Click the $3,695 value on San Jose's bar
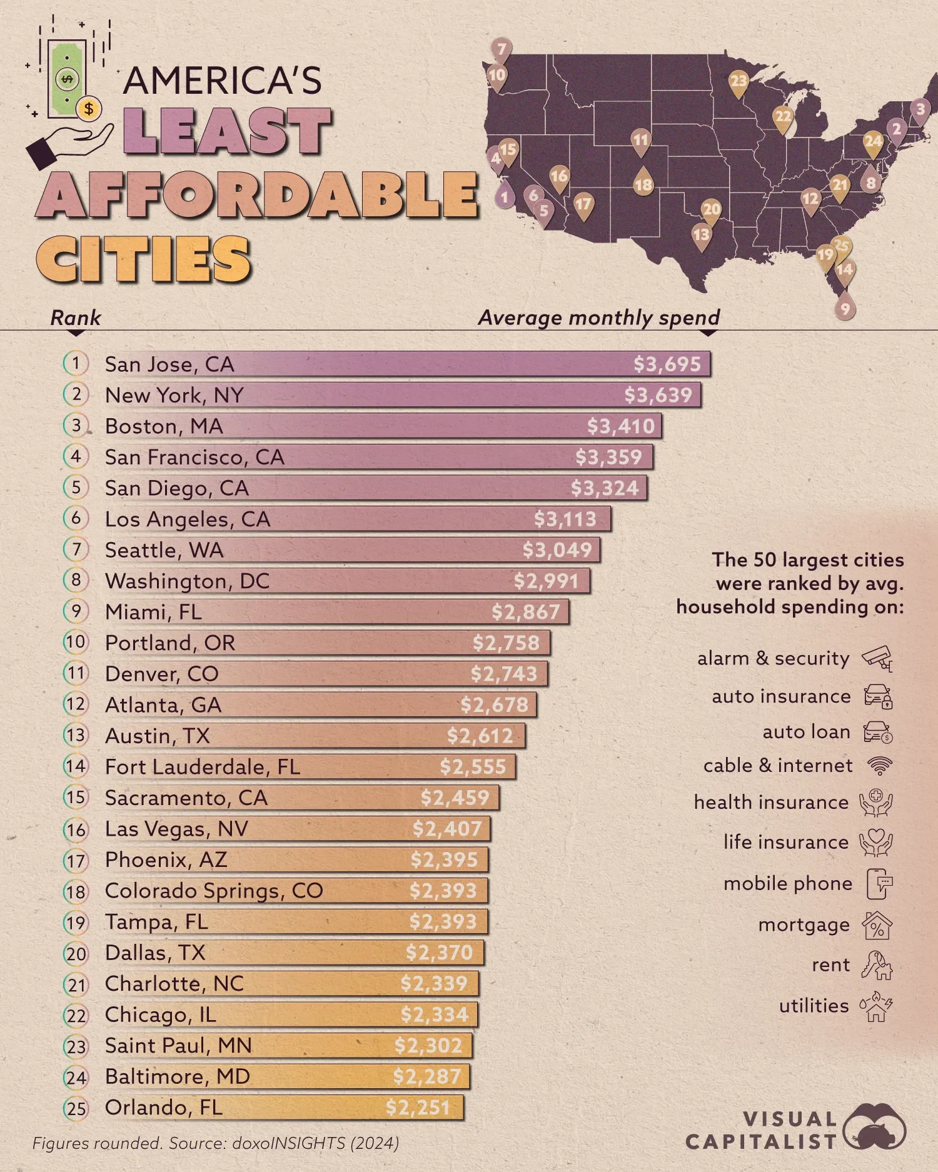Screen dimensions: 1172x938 [x=667, y=364]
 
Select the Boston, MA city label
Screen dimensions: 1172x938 [x=164, y=426]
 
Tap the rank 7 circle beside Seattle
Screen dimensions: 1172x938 [x=76, y=549]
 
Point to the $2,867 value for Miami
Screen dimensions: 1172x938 [x=525, y=612]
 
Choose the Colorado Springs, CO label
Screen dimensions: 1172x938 [x=213, y=891]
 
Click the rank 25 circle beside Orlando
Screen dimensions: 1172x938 [x=76, y=1108]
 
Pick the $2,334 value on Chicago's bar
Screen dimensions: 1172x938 [x=434, y=1014]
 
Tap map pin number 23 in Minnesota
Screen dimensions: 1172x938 [x=739, y=81]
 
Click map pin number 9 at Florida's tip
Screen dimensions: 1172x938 [x=845, y=308]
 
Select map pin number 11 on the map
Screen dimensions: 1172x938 [x=640, y=140]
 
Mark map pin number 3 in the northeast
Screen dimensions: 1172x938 [x=920, y=109]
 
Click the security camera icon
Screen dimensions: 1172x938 [x=877, y=658]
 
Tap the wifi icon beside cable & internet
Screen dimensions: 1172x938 [x=879, y=766]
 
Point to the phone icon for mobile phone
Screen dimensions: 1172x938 [x=879, y=884]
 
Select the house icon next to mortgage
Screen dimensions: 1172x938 [x=877, y=926]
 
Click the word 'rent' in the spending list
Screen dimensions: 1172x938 [x=830, y=966]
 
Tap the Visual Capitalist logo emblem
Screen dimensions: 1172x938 [x=874, y=1127]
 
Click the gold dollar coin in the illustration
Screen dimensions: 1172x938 [x=89, y=109]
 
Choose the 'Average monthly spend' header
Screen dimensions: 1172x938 [x=598, y=318]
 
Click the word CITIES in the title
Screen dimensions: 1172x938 [x=144, y=259]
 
